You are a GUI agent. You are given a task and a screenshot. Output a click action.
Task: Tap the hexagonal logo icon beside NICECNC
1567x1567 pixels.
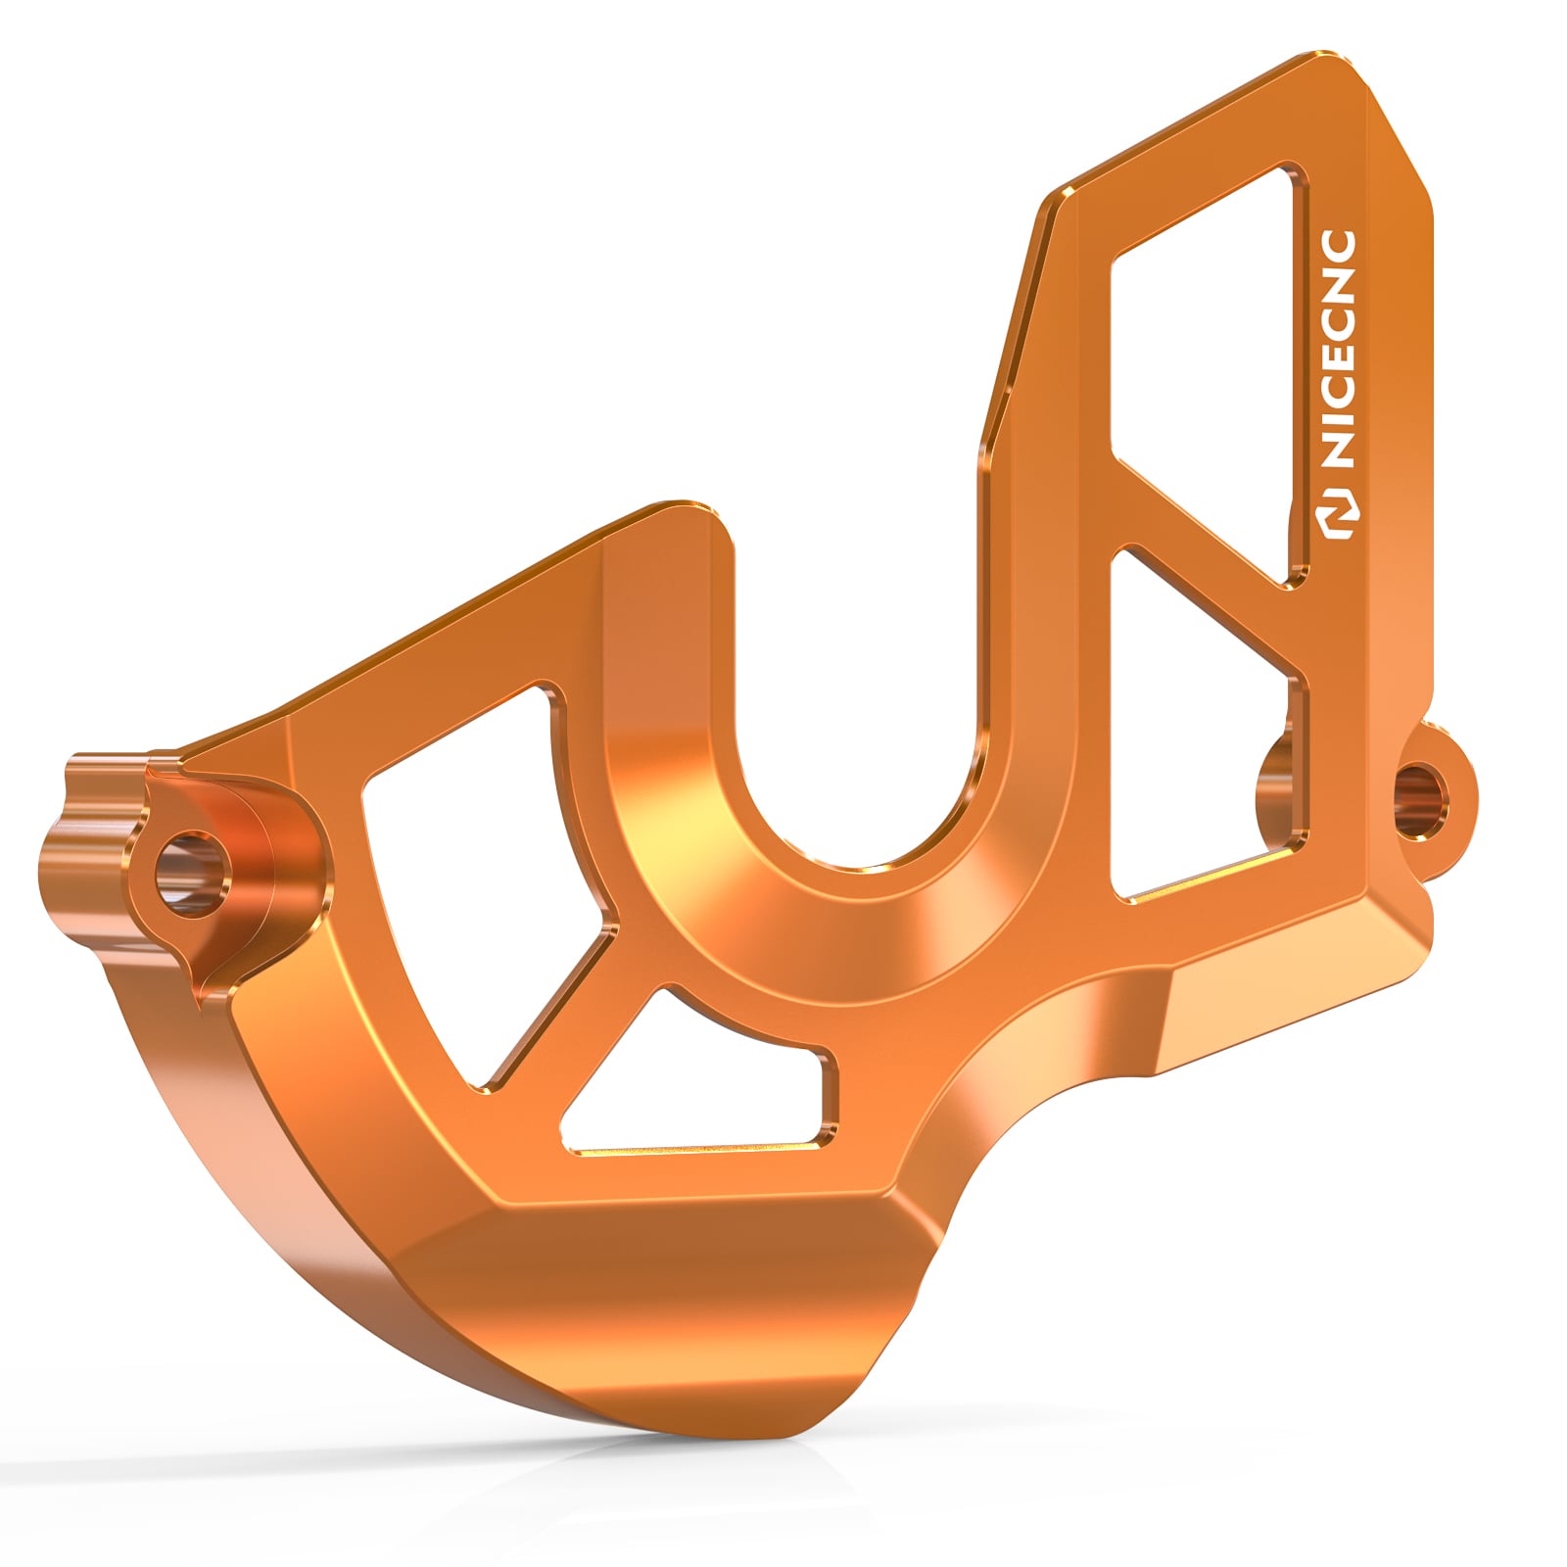[x=1339, y=519]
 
